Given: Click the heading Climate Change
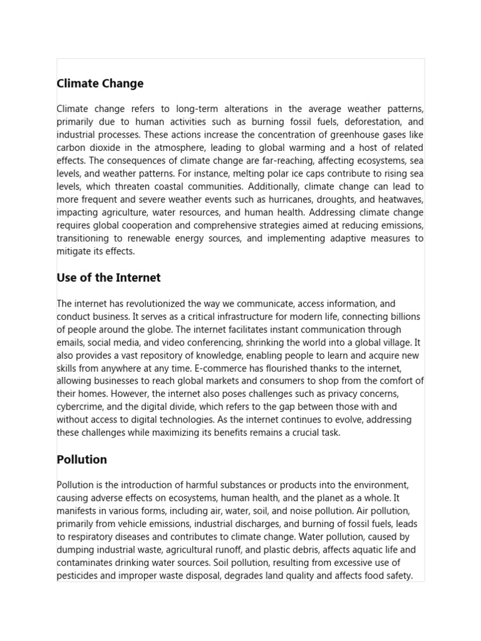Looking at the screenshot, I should tap(100, 83).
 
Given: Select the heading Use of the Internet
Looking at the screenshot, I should tap(108, 277).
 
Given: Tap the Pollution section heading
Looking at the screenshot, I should tap(81, 459).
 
